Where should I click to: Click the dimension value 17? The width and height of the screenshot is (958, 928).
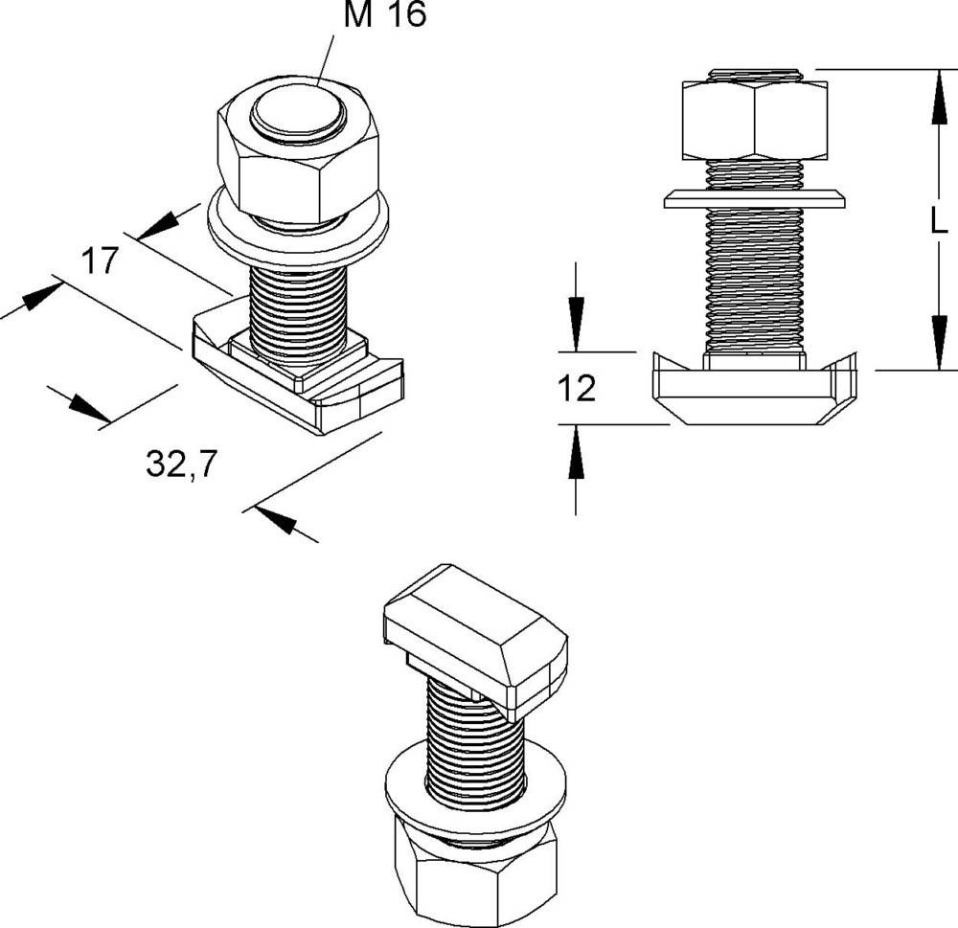pos(98,260)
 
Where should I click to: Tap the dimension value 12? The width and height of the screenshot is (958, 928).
pos(576,388)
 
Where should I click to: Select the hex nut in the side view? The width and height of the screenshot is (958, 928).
pos(754,121)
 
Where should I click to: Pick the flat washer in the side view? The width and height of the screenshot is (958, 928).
pos(755,198)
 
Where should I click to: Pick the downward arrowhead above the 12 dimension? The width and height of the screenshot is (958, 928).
pos(576,326)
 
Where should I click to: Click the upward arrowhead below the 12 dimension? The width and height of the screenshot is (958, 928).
pos(576,454)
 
